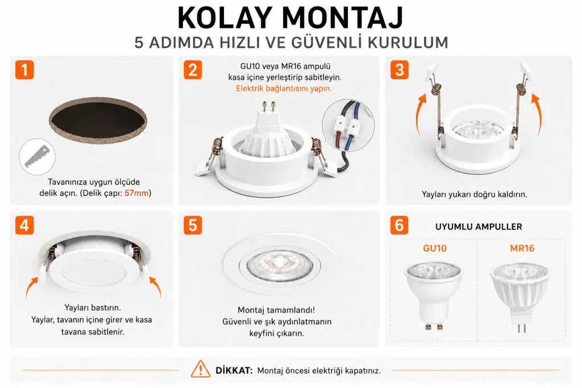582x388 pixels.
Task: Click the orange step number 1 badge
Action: pyautogui.click(x=24, y=70)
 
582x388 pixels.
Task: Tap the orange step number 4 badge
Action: pyautogui.click(x=24, y=225)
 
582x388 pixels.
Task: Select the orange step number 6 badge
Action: pyautogui.click(x=400, y=225)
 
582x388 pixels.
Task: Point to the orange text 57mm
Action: pyautogui.click(x=136, y=193)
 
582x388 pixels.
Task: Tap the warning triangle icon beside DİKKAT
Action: pyautogui.click(x=201, y=369)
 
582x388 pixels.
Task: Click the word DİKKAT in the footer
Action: pyautogui.click(x=234, y=370)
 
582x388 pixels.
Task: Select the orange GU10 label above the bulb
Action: pyautogui.click(x=435, y=248)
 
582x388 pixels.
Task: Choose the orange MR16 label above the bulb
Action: pyautogui.click(x=522, y=248)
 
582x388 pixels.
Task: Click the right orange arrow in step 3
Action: pyautogui.click(x=537, y=113)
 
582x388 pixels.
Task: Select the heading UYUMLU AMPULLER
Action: pyautogui.click(x=479, y=226)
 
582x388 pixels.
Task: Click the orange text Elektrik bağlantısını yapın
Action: pyautogui.click(x=284, y=88)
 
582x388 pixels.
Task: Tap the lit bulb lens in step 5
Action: pyautogui.click(x=279, y=265)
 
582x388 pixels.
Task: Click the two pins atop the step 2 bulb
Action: pyautogui.click(x=269, y=106)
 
